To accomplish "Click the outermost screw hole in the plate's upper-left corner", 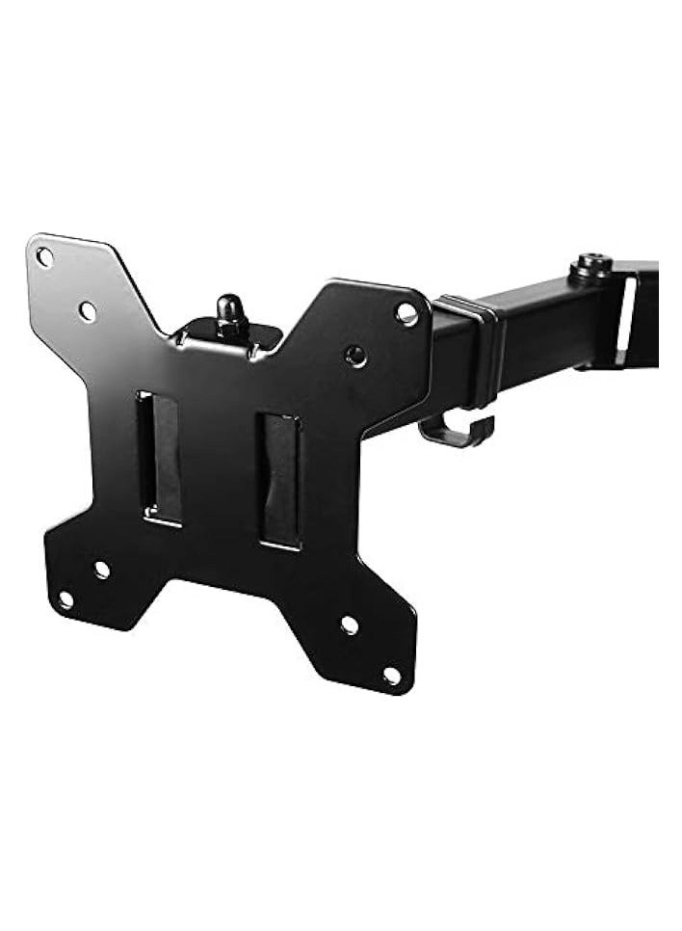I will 43,256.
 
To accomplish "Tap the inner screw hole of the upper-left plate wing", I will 87,311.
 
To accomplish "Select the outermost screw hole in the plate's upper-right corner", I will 407,313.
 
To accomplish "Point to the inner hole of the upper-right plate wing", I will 355,356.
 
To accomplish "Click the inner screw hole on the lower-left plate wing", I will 101,569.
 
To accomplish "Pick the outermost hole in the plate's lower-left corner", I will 65,599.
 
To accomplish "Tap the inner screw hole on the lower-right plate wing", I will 349,625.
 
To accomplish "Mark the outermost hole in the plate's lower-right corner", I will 391,676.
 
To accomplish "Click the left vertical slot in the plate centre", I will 160,458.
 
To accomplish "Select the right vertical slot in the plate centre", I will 279,481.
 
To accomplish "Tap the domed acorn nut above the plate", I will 228,311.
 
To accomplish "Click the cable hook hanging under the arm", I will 458,431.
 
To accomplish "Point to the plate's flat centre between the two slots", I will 220,472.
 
